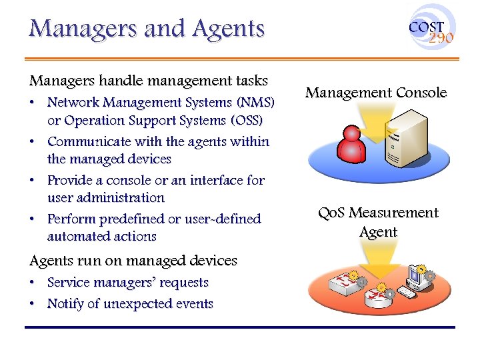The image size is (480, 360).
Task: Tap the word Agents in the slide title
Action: pyautogui.click(x=228, y=29)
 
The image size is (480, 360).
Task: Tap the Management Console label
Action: pyautogui.click(x=376, y=93)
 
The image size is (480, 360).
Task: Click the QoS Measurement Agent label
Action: pyautogui.click(x=378, y=222)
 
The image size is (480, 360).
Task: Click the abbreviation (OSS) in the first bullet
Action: pyautogui.click(x=247, y=121)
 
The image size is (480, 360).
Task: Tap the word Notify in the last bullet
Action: pyautogui.click(x=65, y=303)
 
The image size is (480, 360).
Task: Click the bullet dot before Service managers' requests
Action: pyautogui.click(x=33, y=283)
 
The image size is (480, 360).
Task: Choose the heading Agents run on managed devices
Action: pyautogui.click(x=133, y=261)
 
